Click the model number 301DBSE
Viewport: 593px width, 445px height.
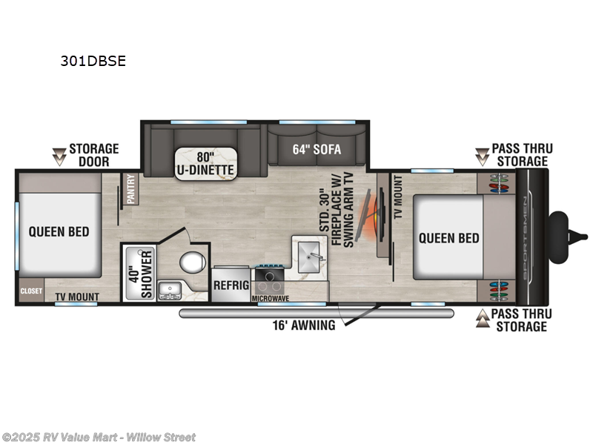pyautogui.click(x=93, y=62)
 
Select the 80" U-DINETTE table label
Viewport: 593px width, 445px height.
pyautogui.click(x=205, y=163)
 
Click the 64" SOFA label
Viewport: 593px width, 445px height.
pyautogui.click(x=317, y=149)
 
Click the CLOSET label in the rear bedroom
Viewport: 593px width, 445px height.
pyautogui.click(x=31, y=291)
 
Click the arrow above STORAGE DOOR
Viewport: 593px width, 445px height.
pyautogui.click(x=58, y=156)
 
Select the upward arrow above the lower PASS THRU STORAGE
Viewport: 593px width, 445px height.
pyautogui.click(x=482, y=317)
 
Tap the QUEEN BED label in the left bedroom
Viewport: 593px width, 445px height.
pyautogui.click(x=59, y=231)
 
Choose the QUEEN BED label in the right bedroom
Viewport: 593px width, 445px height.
pyautogui.click(x=448, y=238)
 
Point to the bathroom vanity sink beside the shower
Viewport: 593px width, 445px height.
pyautogui.click(x=168, y=290)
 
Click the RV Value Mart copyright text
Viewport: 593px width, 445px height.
pyautogui.click(x=99, y=437)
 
